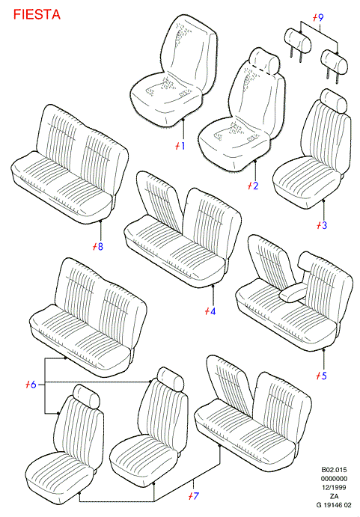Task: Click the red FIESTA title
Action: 37,14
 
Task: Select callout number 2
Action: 254,186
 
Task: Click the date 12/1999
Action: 334,487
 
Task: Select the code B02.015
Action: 334,470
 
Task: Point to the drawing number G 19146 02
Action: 334,505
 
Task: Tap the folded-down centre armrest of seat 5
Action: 293,293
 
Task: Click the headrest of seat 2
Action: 265,61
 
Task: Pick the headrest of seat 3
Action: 334,100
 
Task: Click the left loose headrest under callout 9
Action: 298,40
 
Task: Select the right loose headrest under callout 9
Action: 335,61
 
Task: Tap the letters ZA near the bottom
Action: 334,496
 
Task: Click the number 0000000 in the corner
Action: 334,478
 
